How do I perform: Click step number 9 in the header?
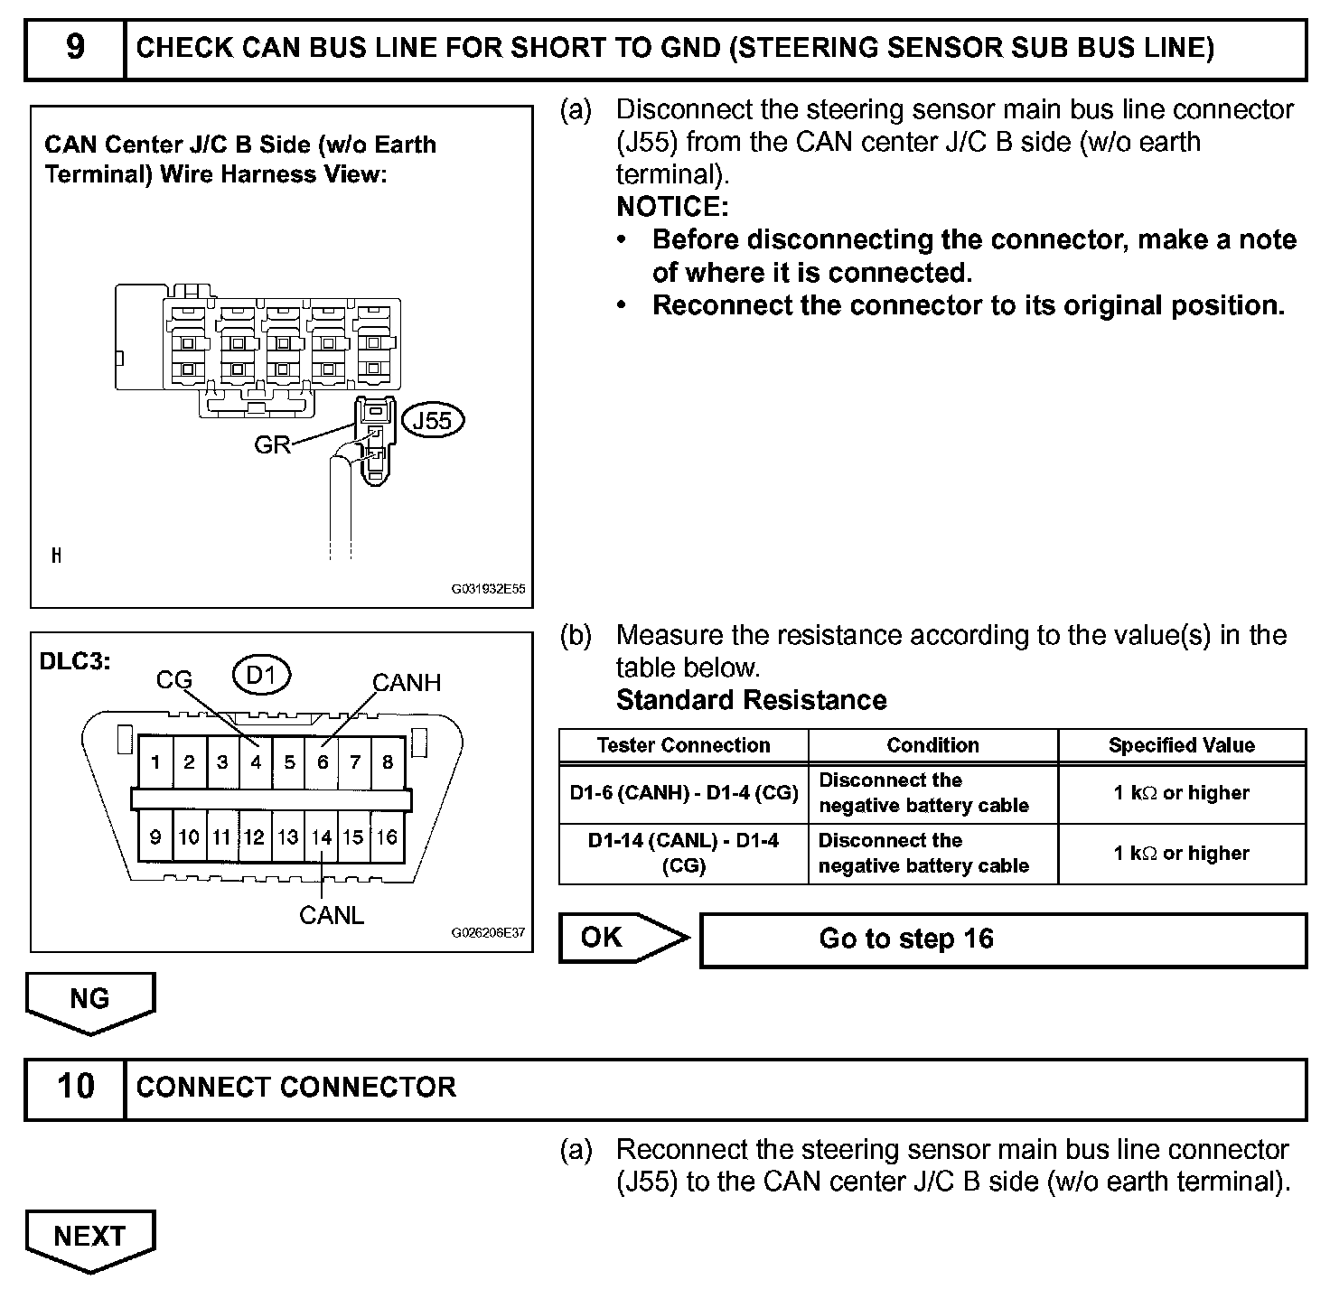coord(75,48)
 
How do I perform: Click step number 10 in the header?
coord(75,1087)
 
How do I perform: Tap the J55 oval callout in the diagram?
coord(432,421)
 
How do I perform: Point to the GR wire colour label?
coord(272,444)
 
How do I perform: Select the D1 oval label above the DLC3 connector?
coord(260,676)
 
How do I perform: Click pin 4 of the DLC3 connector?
coord(256,762)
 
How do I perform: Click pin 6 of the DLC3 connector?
coord(323,762)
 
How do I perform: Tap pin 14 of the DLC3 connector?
coord(322,837)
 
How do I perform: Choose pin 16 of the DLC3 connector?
coord(388,837)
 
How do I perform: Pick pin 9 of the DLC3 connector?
coord(155,837)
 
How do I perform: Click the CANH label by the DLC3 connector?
coord(407,683)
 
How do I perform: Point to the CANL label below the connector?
coord(332,915)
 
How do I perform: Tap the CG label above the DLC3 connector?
coord(174,680)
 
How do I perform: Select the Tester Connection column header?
coord(683,746)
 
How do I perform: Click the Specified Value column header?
coord(1181,746)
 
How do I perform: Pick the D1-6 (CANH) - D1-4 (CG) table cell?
coord(683,793)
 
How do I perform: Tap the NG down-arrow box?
coord(89,1001)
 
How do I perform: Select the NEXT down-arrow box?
coord(89,1238)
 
